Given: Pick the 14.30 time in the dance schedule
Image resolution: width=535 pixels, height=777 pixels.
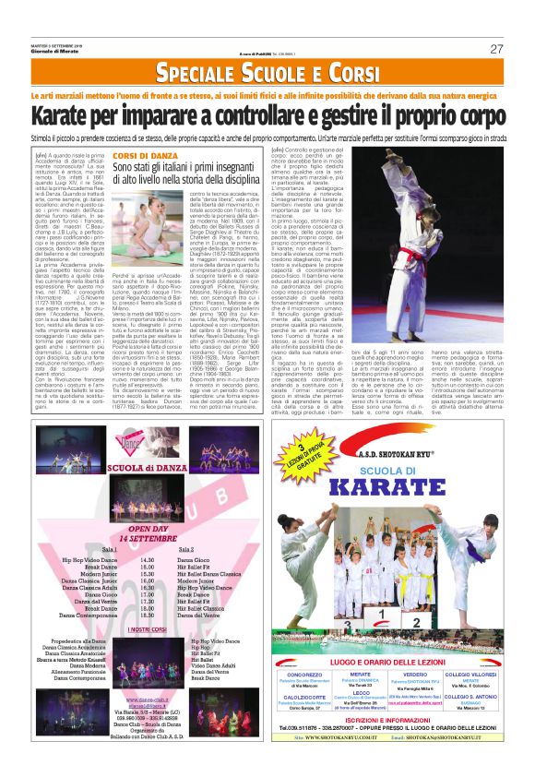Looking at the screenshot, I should tap(146, 560).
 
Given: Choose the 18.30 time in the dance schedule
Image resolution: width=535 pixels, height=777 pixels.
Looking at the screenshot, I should tap(146, 610).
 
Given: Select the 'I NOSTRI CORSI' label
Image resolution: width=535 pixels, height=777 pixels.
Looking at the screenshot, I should tap(148, 655).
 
